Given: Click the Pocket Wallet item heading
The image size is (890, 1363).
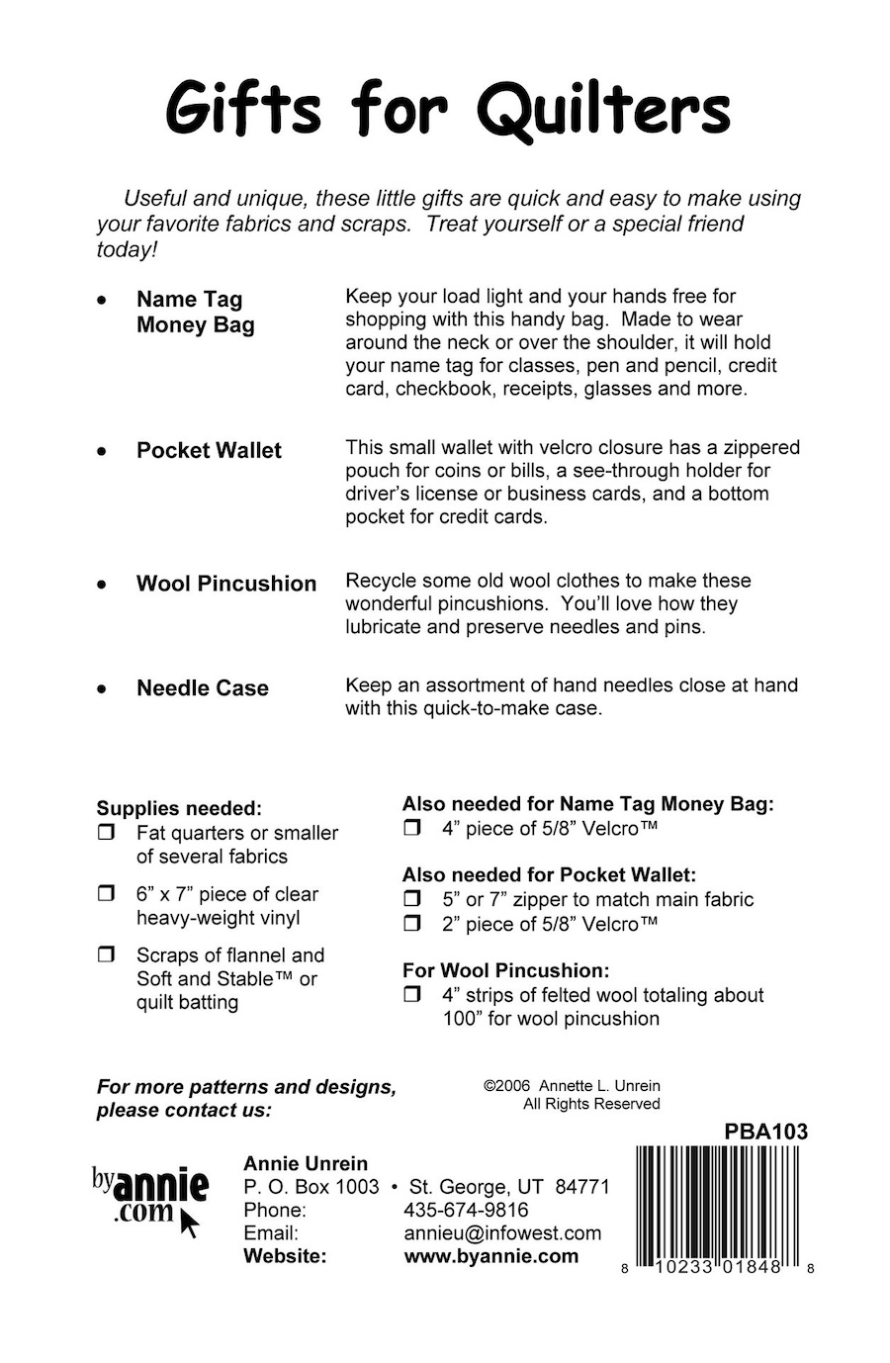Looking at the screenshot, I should (209, 451).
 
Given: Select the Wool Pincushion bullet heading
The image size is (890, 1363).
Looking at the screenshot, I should (226, 584).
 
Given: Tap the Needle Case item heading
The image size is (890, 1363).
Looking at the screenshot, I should (203, 688).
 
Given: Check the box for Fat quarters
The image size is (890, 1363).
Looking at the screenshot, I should (106, 834).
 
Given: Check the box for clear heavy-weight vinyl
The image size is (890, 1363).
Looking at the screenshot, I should (106, 894).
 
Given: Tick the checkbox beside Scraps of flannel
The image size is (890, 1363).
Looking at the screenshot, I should (106, 955).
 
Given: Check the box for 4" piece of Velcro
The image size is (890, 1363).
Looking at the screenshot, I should (412, 829).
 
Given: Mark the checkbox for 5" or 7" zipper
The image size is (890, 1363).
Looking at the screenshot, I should (412, 900).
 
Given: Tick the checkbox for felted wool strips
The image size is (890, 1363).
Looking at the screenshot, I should (412, 995).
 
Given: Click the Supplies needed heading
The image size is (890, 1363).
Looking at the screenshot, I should (179, 808).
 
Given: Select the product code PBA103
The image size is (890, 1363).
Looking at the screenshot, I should (765, 1132).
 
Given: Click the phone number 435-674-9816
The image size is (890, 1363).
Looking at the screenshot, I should (466, 1210).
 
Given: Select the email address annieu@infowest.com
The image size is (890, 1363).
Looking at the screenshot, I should (502, 1233).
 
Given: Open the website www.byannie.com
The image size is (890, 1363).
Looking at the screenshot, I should (491, 1256).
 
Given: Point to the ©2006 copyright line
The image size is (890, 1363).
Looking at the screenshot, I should (572, 1085).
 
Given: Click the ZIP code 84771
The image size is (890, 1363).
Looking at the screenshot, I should (582, 1187).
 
